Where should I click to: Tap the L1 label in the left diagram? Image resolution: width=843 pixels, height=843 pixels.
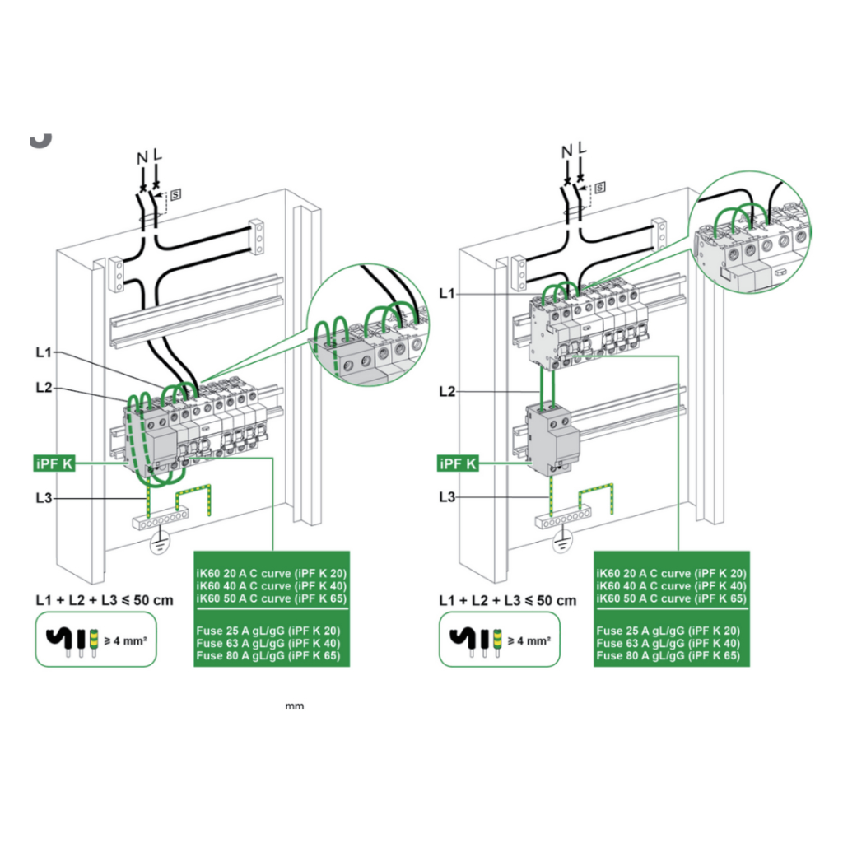pos(44,352)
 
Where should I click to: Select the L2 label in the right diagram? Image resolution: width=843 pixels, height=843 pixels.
pos(447,392)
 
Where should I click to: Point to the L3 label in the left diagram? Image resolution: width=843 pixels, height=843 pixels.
pos(44,497)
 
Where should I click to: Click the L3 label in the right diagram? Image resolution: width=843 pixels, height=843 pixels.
pos(447,497)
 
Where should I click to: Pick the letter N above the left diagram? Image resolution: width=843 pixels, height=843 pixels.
pos(142,154)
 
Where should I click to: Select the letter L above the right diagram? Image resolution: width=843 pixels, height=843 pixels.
pos(582,149)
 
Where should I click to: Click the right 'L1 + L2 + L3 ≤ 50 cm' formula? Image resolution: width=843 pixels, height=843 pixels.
pos(508,599)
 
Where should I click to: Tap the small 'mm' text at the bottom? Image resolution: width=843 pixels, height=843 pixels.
pos(294,706)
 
